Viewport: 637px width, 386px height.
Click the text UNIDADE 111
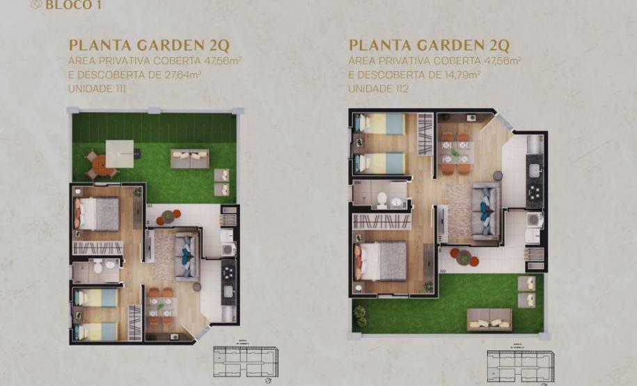tap(97, 89)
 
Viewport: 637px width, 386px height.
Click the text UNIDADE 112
tap(377, 89)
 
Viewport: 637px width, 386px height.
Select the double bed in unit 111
tap(97, 214)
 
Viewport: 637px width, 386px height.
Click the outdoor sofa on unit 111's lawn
tap(190, 159)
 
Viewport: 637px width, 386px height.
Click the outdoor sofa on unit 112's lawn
tap(489, 319)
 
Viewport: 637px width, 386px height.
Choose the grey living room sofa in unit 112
tap(485, 211)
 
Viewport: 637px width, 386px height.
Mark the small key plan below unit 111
tap(246, 362)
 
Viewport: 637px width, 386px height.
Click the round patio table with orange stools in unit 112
tap(464, 257)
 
